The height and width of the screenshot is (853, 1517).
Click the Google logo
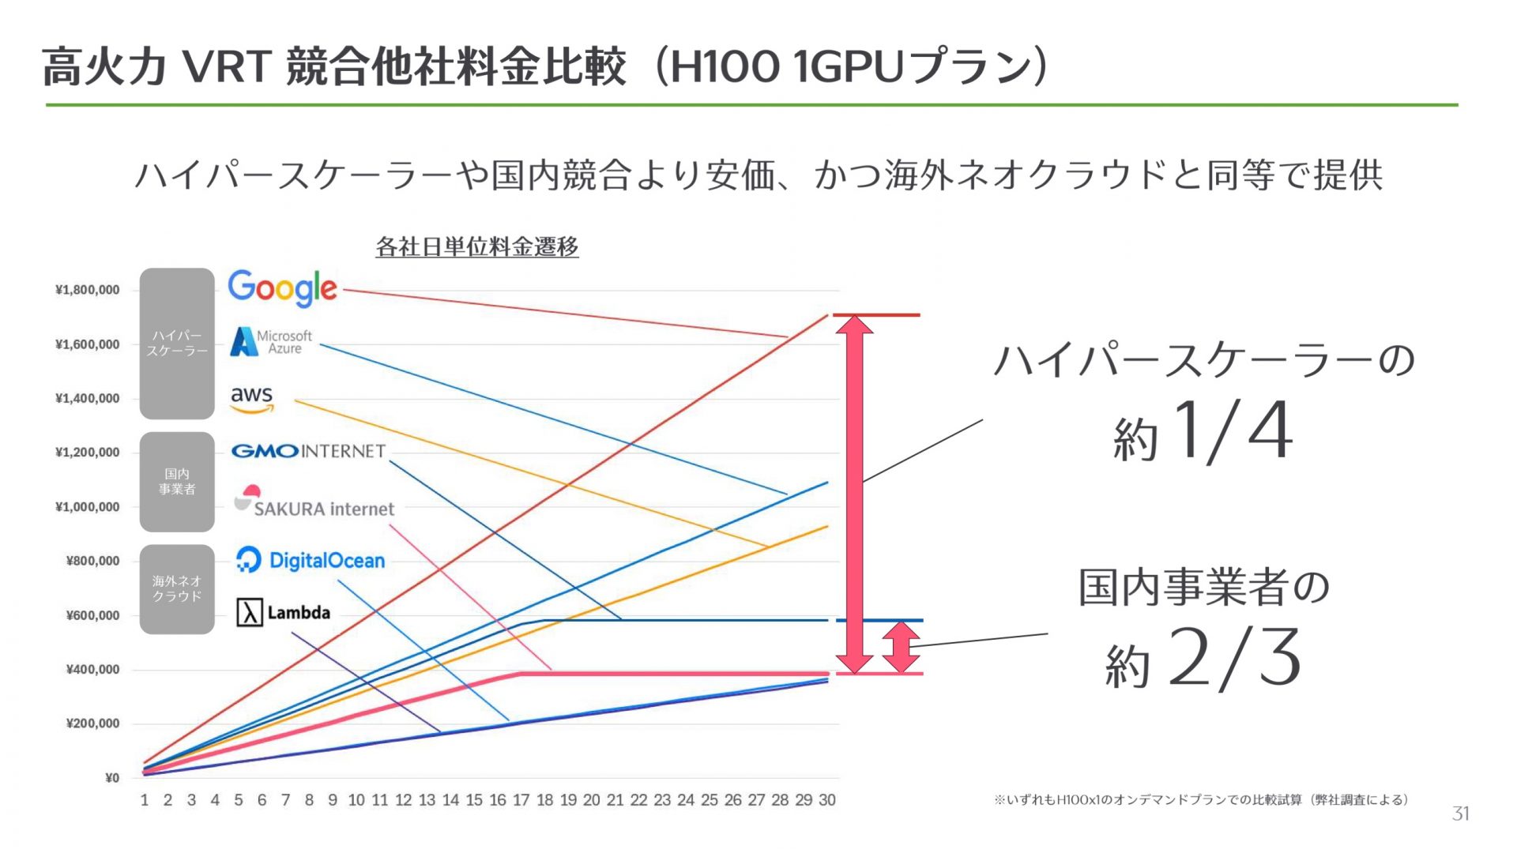point(282,288)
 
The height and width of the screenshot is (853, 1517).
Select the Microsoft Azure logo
point(271,342)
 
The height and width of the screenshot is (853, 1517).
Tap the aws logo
point(252,399)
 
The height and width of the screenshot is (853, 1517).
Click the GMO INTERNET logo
point(308,451)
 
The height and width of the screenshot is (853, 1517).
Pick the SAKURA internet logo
point(314,502)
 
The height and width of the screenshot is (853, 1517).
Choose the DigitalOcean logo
point(311,560)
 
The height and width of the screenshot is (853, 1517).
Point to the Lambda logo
point(284,612)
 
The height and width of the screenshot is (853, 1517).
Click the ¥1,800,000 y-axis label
point(88,290)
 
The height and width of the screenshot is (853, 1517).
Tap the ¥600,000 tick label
point(93,615)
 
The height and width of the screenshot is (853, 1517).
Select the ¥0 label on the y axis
point(112,778)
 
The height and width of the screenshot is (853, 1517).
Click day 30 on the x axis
point(826,800)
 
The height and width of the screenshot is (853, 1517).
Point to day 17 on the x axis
point(521,800)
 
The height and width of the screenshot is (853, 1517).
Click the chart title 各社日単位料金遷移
point(477,247)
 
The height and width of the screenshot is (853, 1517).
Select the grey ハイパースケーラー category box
point(177,344)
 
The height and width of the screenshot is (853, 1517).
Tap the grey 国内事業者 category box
point(177,482)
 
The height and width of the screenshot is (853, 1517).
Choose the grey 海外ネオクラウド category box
point(177,589)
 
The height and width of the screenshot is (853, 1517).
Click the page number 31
point(1461,814)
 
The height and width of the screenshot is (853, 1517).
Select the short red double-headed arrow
point(902,647)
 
